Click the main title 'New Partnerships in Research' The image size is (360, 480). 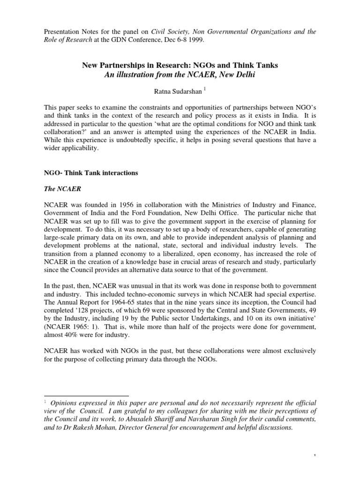180,65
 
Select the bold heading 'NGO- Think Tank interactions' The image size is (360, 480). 90,173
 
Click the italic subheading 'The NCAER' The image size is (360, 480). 59,190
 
